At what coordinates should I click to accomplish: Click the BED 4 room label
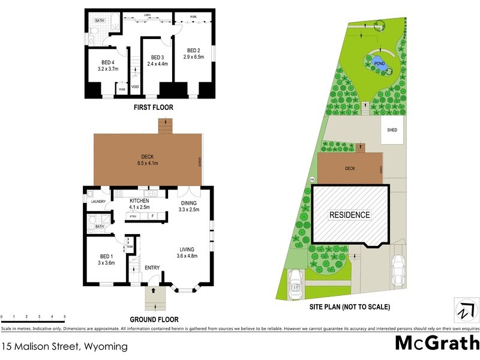(x=108, y=62)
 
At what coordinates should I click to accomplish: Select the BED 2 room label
(x=194, y=50)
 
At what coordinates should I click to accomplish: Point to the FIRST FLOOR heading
(x=153, y=108)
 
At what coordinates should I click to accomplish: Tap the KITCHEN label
(x=139, y=201)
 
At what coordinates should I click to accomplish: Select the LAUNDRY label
(x=98, y=202)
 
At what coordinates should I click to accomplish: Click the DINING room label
(x=188, y=203)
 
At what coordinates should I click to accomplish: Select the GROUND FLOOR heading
(x=154, y=320)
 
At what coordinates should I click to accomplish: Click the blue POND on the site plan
(x=379, y=63)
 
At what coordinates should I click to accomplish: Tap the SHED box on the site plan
(x=392, y=130)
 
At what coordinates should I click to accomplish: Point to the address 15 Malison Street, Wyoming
(x=65, y=346)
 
